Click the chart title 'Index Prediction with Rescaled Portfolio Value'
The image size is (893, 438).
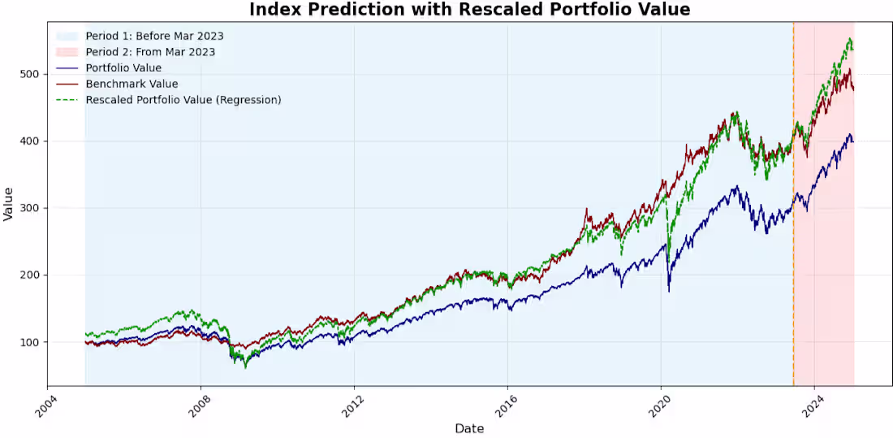[x=469, y=10]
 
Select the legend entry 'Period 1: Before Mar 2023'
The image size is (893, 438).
[x=154, y=36]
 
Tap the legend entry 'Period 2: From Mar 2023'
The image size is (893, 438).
[x=150, y=52]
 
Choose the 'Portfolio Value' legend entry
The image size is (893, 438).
[x=123, y=68]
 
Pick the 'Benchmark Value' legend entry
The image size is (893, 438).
[x=132, y=84]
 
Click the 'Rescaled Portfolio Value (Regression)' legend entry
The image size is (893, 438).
[x=183, y=100]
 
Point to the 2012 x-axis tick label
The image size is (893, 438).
[x=349, y=404]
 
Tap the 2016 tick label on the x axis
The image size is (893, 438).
[x=503, y=404]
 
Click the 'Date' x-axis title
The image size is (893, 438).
[x=469, y=428]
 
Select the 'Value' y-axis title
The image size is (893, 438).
[x=9, y=203]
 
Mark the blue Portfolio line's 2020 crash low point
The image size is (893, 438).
[x=669, y=290]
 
